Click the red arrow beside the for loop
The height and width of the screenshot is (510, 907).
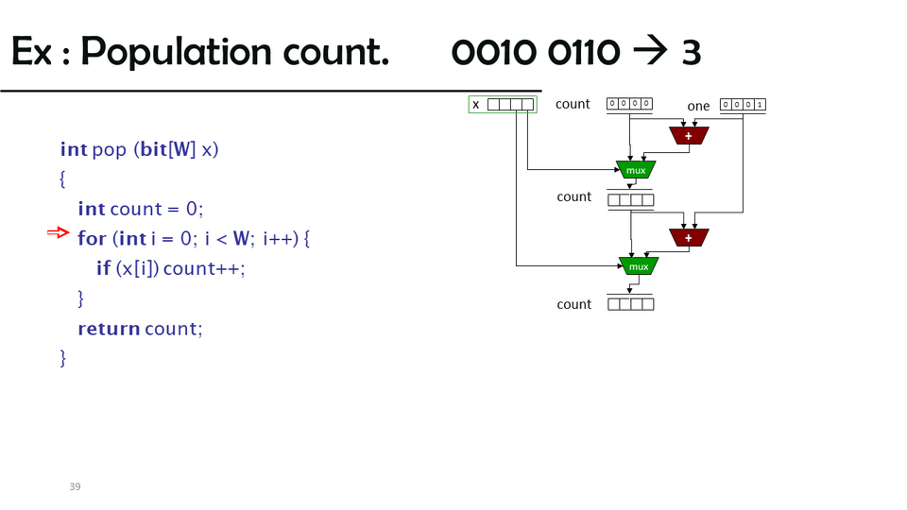(x=59, y=232)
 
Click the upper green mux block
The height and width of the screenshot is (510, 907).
(x=636, y=170)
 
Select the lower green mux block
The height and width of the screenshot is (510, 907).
(x=639, y=266)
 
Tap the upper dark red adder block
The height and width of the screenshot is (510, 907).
(x=689, y=136)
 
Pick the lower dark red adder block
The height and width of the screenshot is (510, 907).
(x=689, y=238)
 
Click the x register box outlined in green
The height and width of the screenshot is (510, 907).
(x=503, y=105)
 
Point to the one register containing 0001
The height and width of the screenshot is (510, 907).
(x=743, y=105)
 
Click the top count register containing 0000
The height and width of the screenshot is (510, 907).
(x=629, y=104)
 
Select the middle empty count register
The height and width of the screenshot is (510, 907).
(x=630, y=200)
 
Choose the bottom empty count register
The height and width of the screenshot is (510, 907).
(x=630, y=304)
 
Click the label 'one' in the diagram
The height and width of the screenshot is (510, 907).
(x=698, y=106)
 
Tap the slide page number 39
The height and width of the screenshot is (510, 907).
(x=75, y=486)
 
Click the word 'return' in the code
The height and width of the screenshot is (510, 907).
(x=109, y=329)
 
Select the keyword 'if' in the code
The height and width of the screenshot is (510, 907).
(x=103, y=268)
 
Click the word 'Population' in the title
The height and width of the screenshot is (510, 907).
(x=234, y=52)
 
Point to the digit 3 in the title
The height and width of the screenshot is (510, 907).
(x=691, y=53)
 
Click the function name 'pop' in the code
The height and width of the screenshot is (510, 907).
(x=110, y=149)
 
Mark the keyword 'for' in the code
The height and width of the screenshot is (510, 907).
(x=92, y=239)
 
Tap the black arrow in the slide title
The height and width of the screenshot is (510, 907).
(x=650, y=52)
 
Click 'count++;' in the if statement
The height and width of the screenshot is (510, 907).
(x=204, y=268)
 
